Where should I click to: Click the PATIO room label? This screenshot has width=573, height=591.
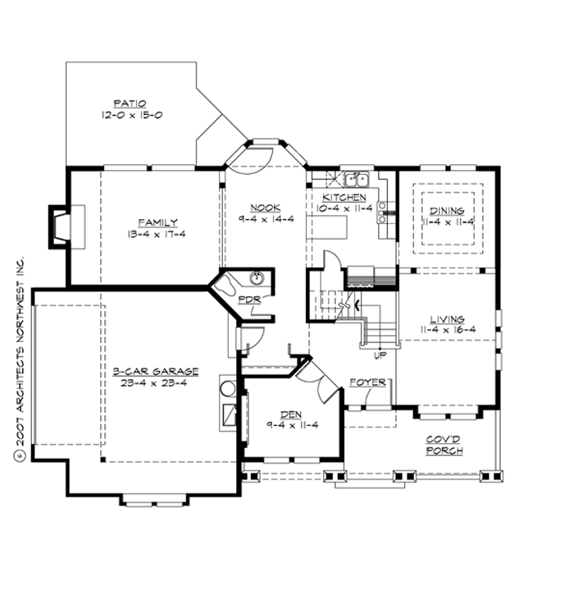click(x=127, y=104)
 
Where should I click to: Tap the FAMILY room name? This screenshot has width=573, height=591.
click(x=157, y=222)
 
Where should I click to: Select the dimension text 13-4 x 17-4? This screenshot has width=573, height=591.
click(x=157, y=235)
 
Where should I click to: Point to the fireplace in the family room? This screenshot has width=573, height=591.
click(x=61, y=227)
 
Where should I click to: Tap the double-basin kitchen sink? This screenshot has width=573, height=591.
click(x=356, y=179)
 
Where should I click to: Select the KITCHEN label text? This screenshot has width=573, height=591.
click(x=344, y=198)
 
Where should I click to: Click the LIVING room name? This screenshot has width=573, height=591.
click(x=446, y=318)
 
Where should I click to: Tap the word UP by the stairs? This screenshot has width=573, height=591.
click(x=380, y=355)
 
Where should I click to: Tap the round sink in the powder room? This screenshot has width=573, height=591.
click(x=256, y=277)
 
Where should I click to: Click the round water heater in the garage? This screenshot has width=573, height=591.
click(x=226, y=387)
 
